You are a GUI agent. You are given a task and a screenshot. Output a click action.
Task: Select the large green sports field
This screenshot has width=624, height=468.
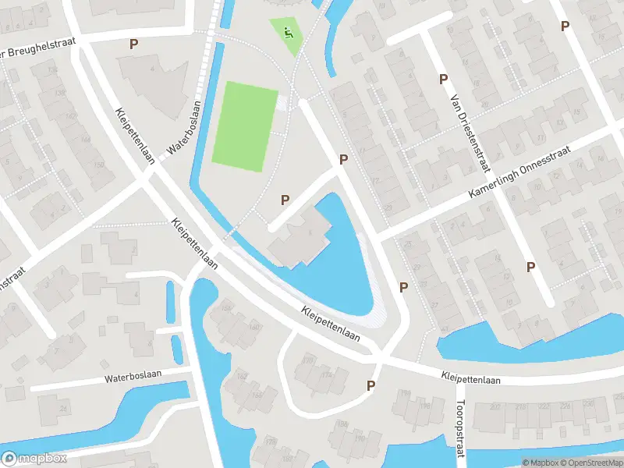click(244, 126)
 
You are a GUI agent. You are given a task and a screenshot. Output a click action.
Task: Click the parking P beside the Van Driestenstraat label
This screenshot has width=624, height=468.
click(443, 79)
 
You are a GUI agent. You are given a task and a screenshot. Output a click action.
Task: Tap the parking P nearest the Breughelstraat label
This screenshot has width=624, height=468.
click(133, 44)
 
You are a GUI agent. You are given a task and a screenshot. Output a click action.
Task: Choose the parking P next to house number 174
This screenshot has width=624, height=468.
click(370, 385)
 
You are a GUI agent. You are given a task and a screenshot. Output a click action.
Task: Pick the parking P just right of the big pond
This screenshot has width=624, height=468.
click(403, 287)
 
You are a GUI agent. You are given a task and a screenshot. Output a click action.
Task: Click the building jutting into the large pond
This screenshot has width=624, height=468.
click(300, 238)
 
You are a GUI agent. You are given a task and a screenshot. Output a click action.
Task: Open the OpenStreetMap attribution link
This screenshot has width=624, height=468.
click(583, 462)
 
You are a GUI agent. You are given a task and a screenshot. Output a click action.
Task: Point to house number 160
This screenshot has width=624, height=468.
click(253, 326)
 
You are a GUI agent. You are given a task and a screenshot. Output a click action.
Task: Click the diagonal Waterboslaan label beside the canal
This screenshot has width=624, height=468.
click(184, 129)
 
